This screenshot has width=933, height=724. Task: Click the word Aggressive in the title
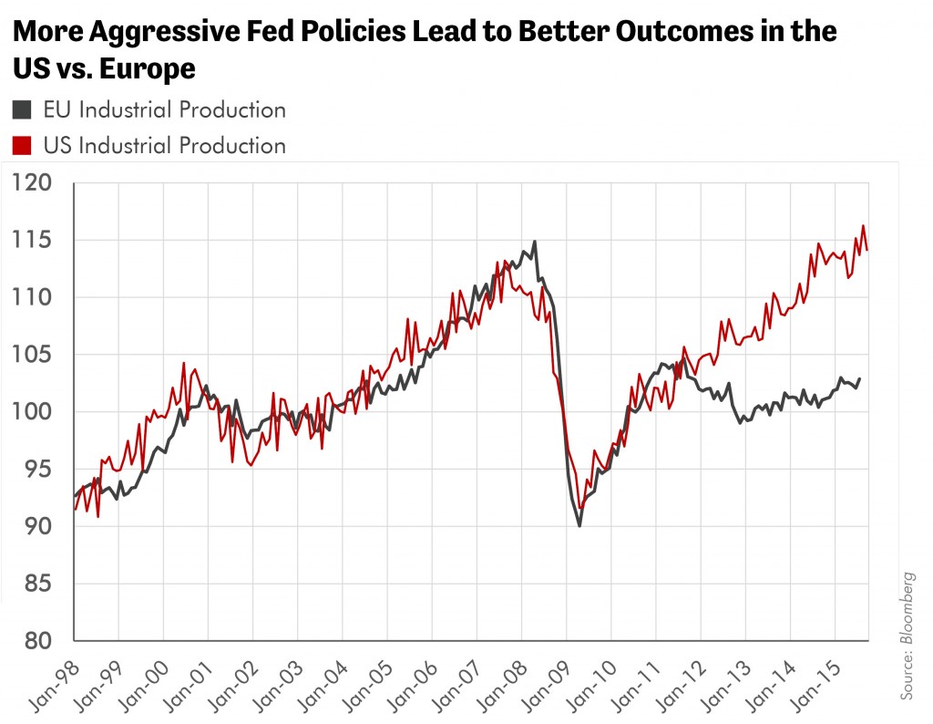(x=164, y=32)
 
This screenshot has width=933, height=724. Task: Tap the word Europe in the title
(x=148, y=68)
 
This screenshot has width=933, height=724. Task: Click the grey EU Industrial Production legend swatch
(x=22, y=110)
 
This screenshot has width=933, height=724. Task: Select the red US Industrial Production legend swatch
(x=22, y=146)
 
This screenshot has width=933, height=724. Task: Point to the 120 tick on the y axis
(x=32, y=182)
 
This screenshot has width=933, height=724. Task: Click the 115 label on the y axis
(x=32, y=240)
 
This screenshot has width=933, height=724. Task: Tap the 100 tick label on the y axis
(x=32, y=411)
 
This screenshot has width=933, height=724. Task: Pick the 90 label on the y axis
(x=38, y=526)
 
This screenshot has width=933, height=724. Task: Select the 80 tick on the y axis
(x=38, y=641)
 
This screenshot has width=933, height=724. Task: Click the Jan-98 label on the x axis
(x=54, y=686)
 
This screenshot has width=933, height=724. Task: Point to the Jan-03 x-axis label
(x=277, y=686)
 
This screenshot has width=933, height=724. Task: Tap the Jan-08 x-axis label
(x=502, y=686)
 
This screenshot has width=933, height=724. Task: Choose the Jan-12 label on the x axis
(x=681, y=686)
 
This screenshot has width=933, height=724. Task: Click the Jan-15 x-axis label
(x=815, y=686)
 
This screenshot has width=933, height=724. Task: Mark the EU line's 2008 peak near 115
(x=534, y=242)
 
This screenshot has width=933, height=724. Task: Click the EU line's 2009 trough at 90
(x=579, y=526)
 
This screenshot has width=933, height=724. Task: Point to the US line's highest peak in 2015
(x=864, y=225)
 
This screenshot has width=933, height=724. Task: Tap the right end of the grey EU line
(x=859, y=378)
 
